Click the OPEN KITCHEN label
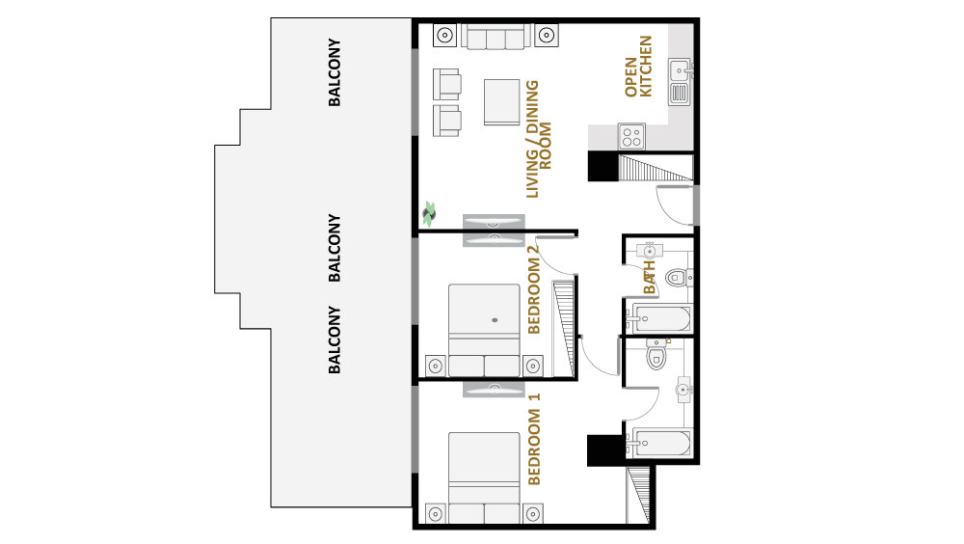(x=638, y=67)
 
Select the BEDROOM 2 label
(x=534, y=289)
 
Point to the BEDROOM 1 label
(x=534, y=439)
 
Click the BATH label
(x=649, y=278)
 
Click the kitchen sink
(x=680, y=82)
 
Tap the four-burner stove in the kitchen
(x=631, y=136)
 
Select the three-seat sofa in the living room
(x=495, y=37)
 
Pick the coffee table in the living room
(x=501, y=102)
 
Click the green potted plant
(x=429, y=213)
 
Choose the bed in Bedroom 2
(x=484, y=330)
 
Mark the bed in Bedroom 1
(x=484, y=478)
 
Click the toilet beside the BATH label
(x=678, y=278)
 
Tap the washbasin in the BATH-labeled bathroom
(x=649, y=251)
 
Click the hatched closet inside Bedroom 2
(x=564, y=329)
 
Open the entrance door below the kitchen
(x=677, y=204)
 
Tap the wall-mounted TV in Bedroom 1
(x=494, y=389)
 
